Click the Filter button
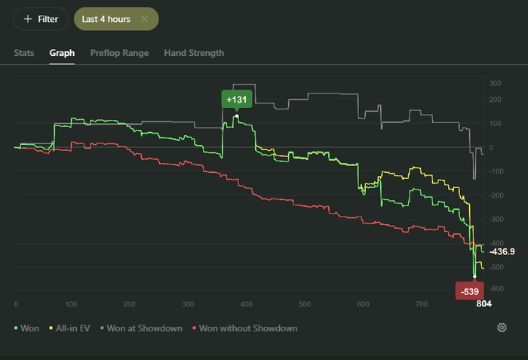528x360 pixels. coord(41,19)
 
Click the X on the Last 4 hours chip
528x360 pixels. coord(144,19)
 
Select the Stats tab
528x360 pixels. coord(24,53)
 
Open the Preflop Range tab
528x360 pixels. coord(119,53)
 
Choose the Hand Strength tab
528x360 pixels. coord(194,53)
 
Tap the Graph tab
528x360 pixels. coord(62,53)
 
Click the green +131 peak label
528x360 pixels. coord(236,100)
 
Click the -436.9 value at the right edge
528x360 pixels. coord(502,251)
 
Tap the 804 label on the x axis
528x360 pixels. coord(483,304)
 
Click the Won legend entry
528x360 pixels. coord(27,328)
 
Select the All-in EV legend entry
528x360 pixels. coord(72,328)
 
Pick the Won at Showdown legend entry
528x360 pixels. coord(143,328)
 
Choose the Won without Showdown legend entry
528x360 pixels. coord(245,328)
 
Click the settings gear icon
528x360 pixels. coord(502,328)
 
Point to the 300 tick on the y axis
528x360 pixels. coord(495,83)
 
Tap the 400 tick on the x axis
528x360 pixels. coord(304,304)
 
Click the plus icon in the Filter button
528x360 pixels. coord(28,19)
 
